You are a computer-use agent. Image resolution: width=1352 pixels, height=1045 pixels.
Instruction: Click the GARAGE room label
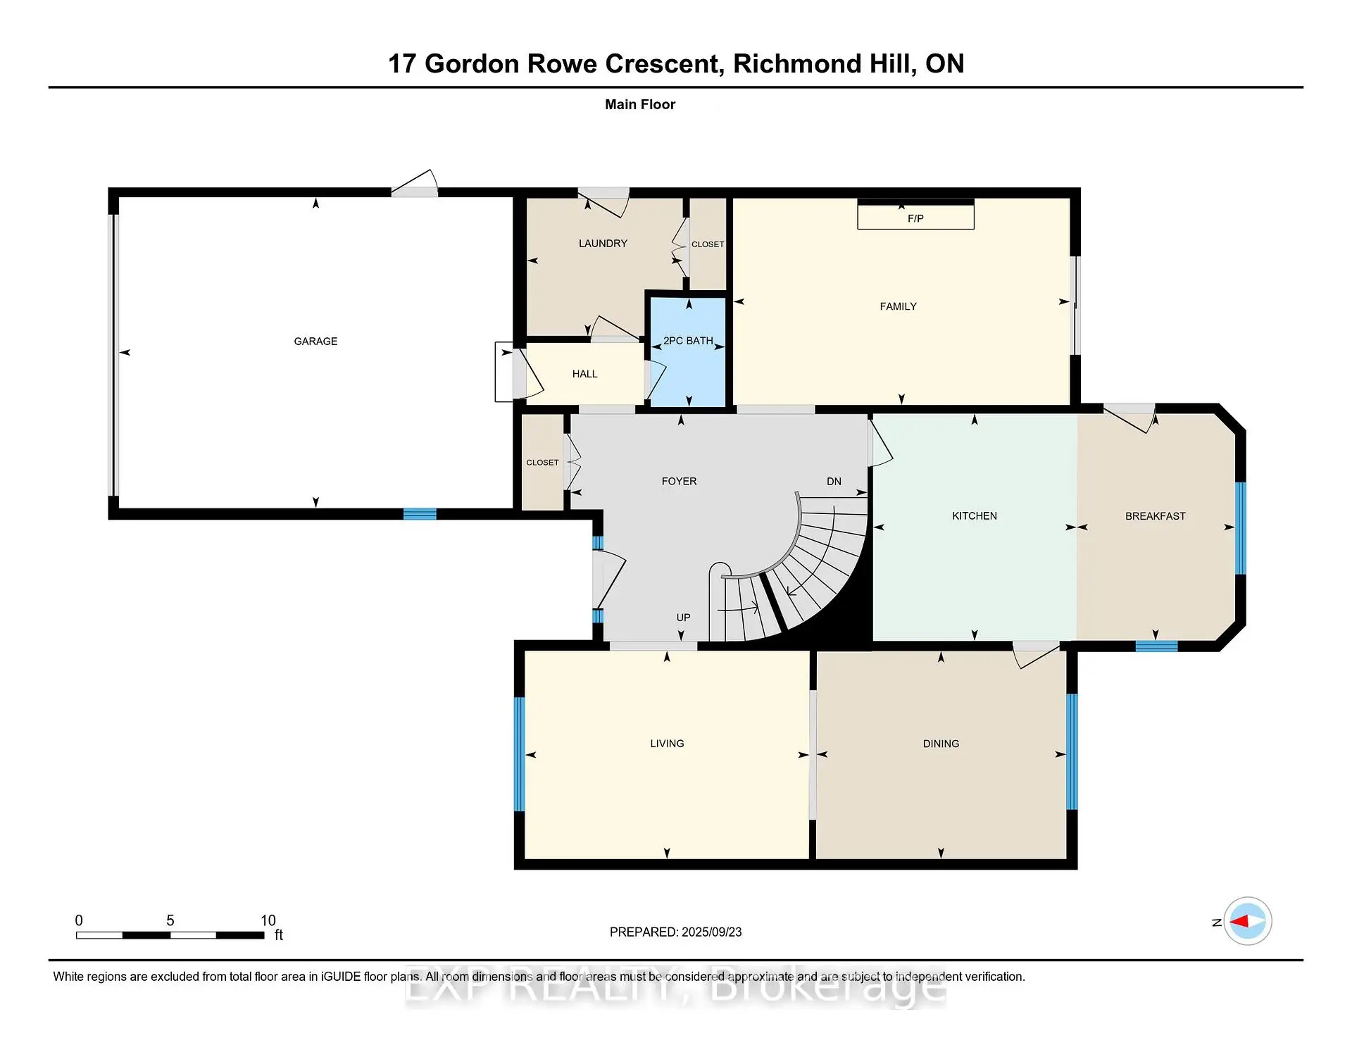(x=315, y=342)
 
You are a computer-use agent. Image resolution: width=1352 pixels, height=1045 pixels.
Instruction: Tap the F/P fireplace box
(x=915, y=215)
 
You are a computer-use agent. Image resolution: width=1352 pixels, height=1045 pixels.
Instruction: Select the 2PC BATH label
(x=688, y=341)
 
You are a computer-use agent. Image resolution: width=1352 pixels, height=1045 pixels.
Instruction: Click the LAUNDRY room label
(x=603, y=244)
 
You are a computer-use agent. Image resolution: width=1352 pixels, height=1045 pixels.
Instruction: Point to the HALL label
(x=584, y=374)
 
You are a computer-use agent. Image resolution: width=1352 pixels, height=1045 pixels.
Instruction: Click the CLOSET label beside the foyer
(x=542, y=463)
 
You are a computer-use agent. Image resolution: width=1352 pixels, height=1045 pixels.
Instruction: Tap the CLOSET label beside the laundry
(x=708, y=244)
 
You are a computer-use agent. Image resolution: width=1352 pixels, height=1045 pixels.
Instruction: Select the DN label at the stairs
(x=834, y=482)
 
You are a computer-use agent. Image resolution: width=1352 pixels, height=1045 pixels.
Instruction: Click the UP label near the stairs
(x=683, y=618)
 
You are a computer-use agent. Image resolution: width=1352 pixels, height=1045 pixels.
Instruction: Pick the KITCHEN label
(x=975, y=516)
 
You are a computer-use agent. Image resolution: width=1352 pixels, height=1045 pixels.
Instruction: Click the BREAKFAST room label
(x=1156, y=516)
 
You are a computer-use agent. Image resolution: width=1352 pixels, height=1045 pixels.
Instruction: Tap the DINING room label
(x=941, y=744)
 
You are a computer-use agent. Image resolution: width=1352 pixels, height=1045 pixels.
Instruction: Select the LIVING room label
(x=667, y=744)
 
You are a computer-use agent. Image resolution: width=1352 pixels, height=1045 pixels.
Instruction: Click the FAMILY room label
(x=898, y=306)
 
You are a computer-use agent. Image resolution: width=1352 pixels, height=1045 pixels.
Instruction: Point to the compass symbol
(x=1248, y=921)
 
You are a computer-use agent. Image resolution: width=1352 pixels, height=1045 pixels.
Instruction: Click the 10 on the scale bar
(x=268, y=920)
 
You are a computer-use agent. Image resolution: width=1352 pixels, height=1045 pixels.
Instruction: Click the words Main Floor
(x=640, y=104)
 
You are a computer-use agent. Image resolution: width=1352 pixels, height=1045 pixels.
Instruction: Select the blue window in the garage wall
(x=420, y=514)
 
